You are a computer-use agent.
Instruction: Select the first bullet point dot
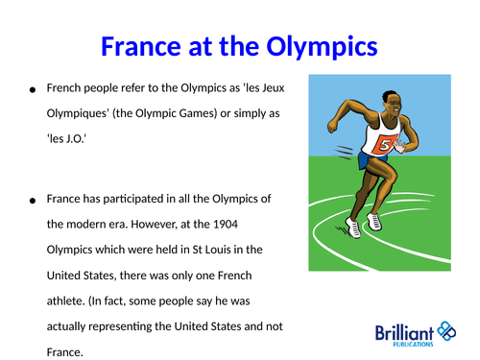click(x=33, y=89)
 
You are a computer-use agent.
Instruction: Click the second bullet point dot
click(x=33, y=201)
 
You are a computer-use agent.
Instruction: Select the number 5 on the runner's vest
click(x=384, y=145)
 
